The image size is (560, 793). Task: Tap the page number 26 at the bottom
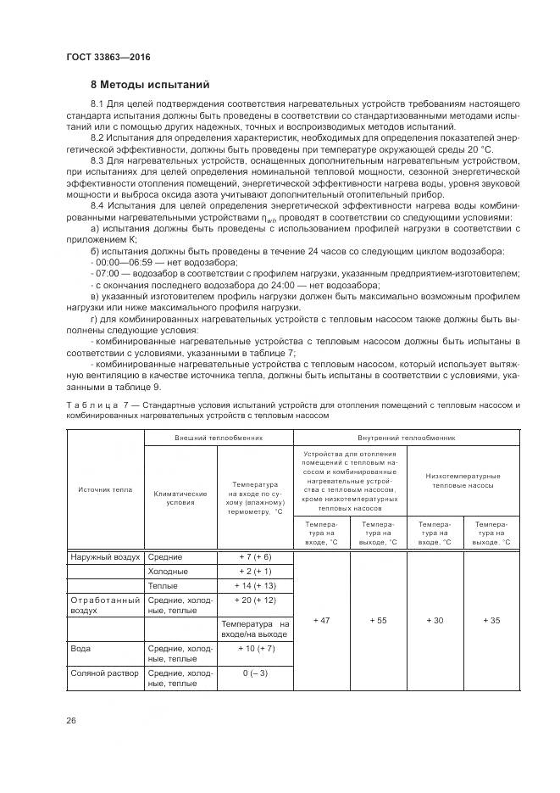[71, 720]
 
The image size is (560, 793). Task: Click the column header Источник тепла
[105, 489]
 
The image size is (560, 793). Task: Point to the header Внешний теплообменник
[219, 438]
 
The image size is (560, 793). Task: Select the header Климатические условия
[180, 496]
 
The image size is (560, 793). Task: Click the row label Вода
[80, 648]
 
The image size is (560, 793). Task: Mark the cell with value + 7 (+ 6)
[254, 556]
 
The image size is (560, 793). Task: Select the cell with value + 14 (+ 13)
[254, 585]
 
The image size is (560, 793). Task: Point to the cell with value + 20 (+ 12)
[254, 600]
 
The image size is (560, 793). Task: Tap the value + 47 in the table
[321, 620]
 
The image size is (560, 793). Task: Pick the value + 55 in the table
[378, 620]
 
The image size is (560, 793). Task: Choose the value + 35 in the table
[491, 620]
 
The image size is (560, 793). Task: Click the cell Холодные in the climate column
[168, 571]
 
